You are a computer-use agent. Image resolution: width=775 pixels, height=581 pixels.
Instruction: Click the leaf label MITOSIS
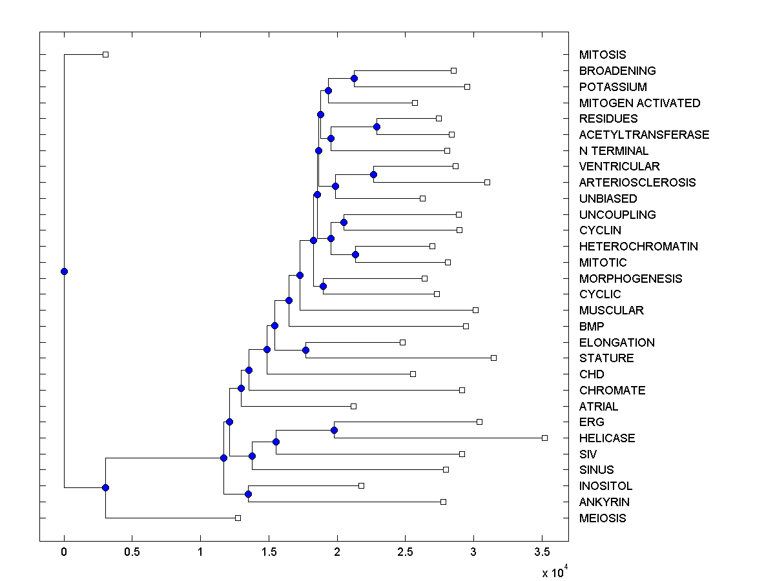pos(603,55)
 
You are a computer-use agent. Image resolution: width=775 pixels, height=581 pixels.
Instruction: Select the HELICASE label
pos(607,438)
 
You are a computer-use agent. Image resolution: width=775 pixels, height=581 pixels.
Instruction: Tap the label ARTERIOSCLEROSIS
pos(637,182)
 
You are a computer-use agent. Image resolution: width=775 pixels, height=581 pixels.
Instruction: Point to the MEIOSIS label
pos(603,518)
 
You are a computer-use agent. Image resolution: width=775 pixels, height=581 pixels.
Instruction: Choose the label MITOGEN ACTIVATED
pos(639,103)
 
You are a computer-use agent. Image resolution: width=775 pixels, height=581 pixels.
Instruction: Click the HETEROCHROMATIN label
pos(638,246)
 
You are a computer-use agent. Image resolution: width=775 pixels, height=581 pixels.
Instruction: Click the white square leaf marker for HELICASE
pos(544,438)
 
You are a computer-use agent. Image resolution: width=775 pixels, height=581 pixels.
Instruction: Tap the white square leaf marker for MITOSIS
pos(106,55)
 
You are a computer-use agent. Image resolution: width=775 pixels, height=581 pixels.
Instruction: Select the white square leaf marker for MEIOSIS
pos(238,518)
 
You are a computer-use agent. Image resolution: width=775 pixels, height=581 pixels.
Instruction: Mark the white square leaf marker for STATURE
pos(494,358)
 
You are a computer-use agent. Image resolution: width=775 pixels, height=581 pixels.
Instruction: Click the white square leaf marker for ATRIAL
pos(353,406)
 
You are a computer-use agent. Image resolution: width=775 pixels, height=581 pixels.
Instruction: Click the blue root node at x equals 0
pos(64,271)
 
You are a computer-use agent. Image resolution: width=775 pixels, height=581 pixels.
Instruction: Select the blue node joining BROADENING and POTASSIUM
pos(354,79)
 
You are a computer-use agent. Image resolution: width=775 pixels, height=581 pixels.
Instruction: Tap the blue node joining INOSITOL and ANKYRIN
pos(248,494)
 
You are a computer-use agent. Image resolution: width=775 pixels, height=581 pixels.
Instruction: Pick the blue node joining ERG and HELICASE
pos(334,430)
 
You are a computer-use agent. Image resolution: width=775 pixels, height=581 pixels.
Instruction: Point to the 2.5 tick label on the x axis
pos(405,552)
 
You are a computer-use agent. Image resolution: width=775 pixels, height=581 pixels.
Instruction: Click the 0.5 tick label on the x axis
pos(132,552)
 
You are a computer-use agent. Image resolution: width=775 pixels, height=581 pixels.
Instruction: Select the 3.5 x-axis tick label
pos(541,552)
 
